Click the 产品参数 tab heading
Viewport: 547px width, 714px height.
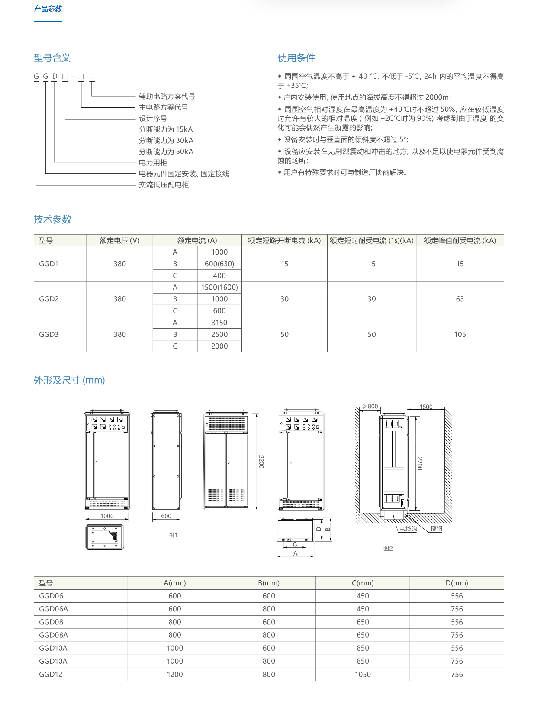click(48, 9)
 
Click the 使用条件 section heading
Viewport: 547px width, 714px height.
click(296, 58)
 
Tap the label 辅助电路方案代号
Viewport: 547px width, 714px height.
click(167, 96)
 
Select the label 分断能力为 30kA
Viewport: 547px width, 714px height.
click(166, 140)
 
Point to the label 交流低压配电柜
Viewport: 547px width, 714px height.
click(164, 185)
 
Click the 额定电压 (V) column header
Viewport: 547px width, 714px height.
click(119, 241)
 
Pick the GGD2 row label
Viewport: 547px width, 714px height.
click(49, 299)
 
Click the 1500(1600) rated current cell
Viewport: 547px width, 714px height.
click(219, 288)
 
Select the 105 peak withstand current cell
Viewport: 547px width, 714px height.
click(460, 334)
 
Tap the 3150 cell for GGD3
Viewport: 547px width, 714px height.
click(219, 323)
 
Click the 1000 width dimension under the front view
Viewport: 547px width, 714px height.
click(107, 516)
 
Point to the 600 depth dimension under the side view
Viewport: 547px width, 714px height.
click(166, 516)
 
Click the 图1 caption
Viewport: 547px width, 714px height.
click(173, 535)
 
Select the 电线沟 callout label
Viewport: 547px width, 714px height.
click(408, 529)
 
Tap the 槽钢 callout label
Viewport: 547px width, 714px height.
click(436, 529)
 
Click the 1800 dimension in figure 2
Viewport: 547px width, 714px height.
click(426, 407)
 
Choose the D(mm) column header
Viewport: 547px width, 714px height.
click(457, 583)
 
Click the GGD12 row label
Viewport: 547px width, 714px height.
click(51, 675)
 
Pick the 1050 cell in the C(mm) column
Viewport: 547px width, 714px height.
click(363, 675)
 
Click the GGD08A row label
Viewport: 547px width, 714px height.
click(53, 635)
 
